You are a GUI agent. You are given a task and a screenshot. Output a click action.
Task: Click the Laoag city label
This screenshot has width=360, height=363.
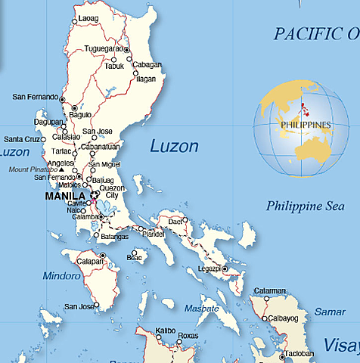88,17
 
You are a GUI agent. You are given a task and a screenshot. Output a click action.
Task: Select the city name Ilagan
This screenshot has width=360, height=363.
147,78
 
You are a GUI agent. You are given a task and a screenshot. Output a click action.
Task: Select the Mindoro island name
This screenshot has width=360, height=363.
61,275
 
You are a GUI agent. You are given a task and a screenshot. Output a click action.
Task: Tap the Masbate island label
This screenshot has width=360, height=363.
202,309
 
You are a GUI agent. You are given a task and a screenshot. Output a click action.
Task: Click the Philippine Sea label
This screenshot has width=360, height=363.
300,205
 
